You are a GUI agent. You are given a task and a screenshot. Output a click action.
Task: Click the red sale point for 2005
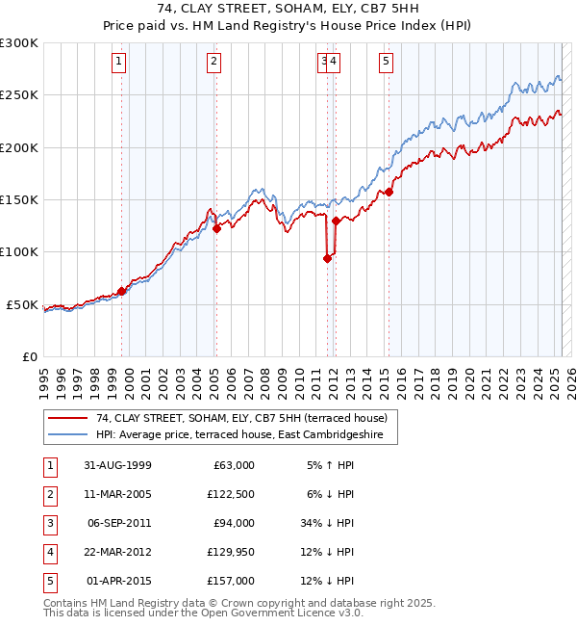click(x=216, y=228)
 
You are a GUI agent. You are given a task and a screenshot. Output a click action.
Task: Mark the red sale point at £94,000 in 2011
click(x=328, y=258)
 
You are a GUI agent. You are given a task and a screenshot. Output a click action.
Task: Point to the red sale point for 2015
click(x=389, y=192)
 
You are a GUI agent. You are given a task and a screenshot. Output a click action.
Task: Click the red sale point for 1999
click(x=122, y=290)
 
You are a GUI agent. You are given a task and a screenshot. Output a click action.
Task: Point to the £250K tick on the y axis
click(x=20, y=95)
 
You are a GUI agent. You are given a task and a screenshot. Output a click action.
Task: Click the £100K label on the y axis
click(x=20, y=251)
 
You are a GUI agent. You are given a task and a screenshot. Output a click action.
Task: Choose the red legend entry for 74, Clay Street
click(x=240, y=418)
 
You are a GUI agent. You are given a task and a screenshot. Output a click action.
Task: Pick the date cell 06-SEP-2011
click(x=118, y=523)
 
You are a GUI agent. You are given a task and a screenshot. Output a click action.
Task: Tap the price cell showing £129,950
click(x=228, y=552)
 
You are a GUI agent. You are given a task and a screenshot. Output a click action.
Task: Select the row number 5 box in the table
click(x=48, y=581)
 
